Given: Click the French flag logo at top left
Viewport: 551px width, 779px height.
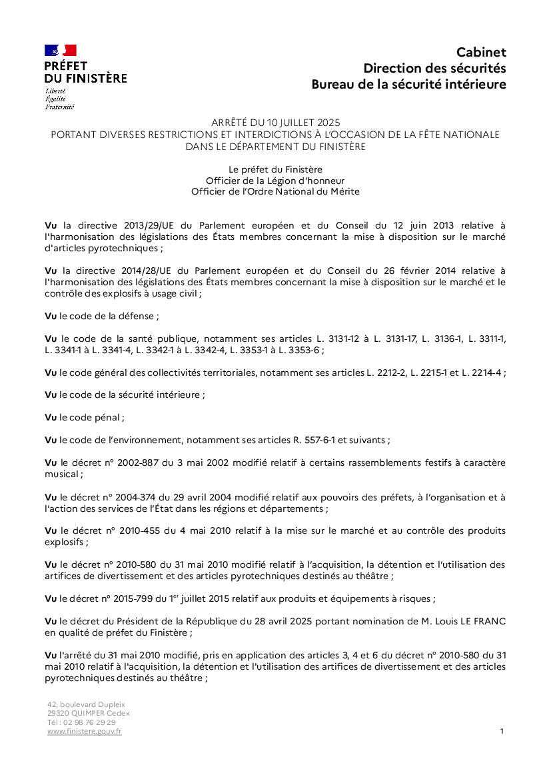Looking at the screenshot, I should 61,50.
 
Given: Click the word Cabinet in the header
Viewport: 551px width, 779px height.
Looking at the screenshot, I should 481,52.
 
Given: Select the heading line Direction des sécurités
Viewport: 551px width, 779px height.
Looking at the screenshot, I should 434,68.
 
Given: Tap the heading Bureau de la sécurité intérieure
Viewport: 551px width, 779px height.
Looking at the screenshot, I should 408,85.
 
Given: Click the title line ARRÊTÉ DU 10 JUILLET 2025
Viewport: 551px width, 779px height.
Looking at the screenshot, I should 275,123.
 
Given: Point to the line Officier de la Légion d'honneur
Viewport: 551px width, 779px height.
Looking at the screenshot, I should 275,181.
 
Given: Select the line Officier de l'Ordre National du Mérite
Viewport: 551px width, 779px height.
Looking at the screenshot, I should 275,191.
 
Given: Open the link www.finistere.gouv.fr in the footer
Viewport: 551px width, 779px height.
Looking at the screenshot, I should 84,732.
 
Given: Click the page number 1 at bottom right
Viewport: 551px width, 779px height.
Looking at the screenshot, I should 501,731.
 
